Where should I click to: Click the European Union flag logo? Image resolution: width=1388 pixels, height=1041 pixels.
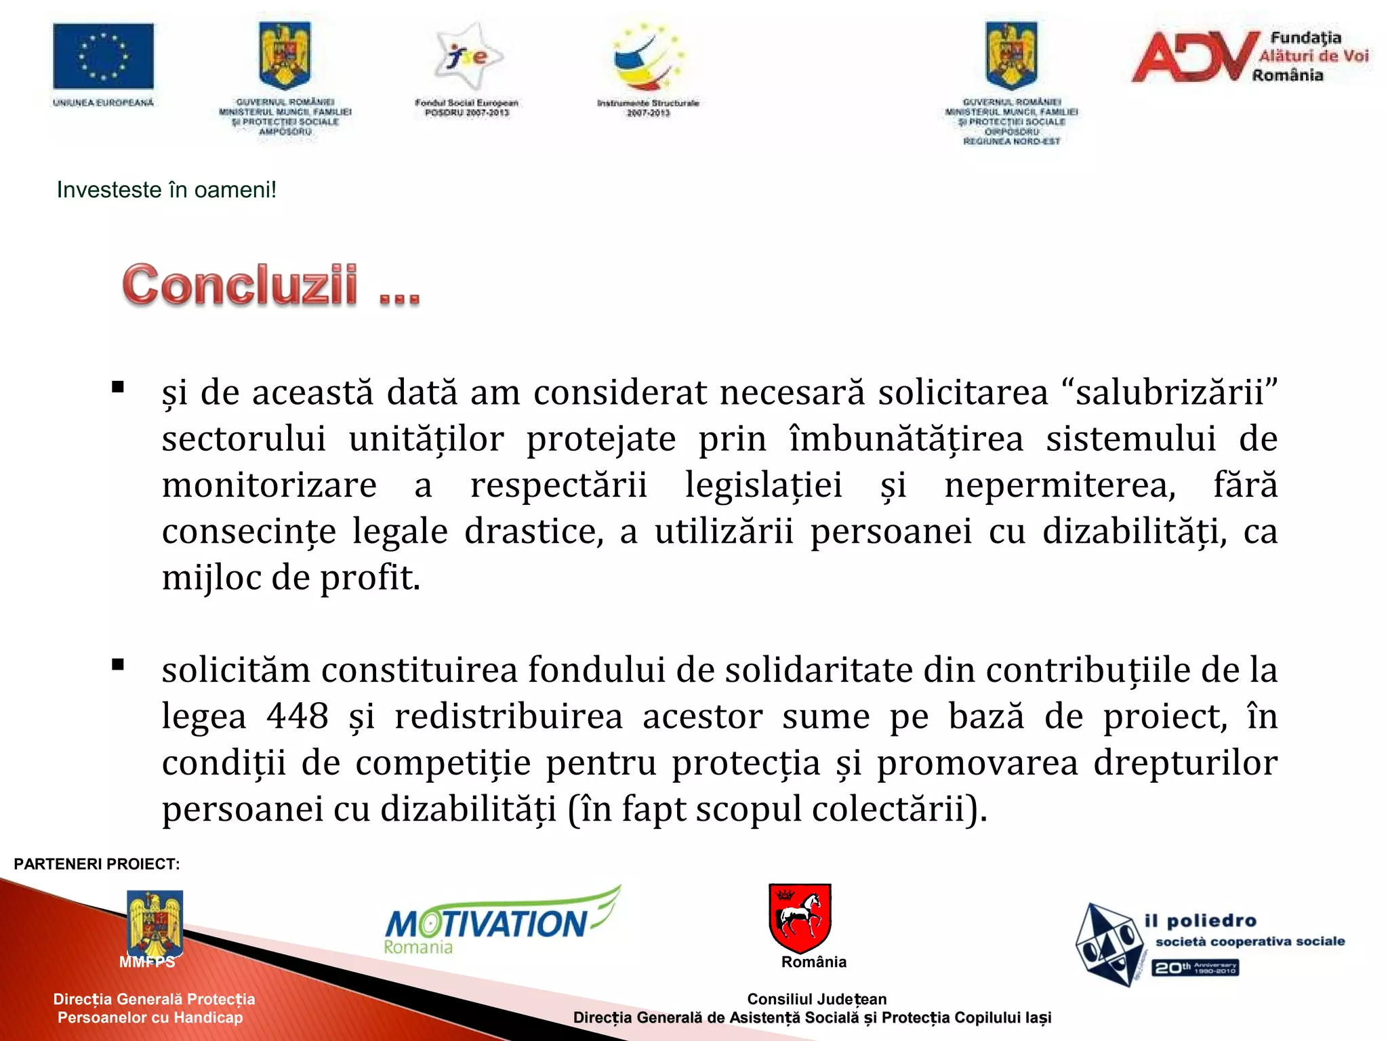point(103,56)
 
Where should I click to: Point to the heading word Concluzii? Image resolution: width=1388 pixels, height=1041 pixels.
point(240,285)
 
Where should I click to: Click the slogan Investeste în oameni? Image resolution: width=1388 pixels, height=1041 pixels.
point(167,190)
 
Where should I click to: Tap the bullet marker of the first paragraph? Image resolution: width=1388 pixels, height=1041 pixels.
point(119,388)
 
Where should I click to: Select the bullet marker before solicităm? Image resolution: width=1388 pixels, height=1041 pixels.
point(119,665)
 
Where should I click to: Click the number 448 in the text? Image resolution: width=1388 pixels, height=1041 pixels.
point(297,716)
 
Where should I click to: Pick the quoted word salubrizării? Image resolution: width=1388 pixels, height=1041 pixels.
point(1170,393)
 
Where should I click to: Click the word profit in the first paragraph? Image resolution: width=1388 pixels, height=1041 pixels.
point(369,578)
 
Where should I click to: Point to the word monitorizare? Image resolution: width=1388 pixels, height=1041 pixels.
point(269,486)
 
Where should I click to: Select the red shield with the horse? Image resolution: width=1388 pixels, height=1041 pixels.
point(800,917)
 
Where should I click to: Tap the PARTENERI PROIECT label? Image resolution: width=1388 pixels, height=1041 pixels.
point(97,864)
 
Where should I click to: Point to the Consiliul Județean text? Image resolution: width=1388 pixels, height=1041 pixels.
point(817,999)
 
